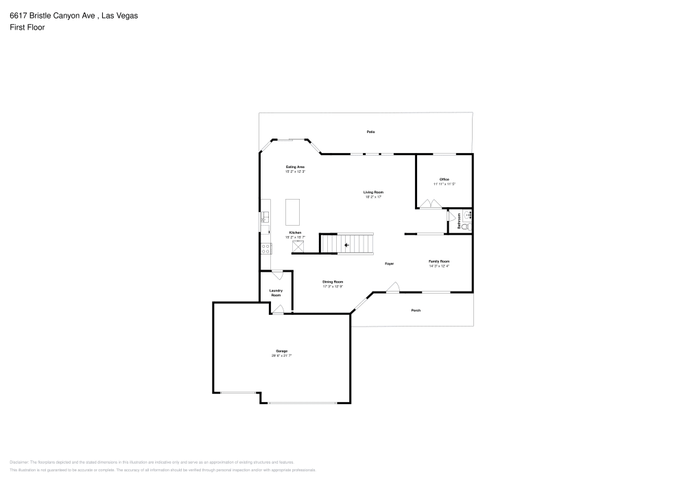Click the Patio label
point(370,132)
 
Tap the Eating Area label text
point(295,167)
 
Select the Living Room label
point(373,192)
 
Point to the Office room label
point(444,180)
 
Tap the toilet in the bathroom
point(465,226)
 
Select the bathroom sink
point(469,215)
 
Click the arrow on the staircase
point(347,244)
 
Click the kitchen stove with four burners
point(265,249)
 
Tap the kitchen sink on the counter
point(264,218)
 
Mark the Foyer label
point(389,263)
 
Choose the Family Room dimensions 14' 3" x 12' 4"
point(439,266)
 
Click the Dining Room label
point(333,282)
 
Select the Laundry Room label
point(276,292)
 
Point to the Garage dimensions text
point(281,355)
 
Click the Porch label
point(416,310)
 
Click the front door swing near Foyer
point(392,288)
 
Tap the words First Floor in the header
point(27,27)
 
